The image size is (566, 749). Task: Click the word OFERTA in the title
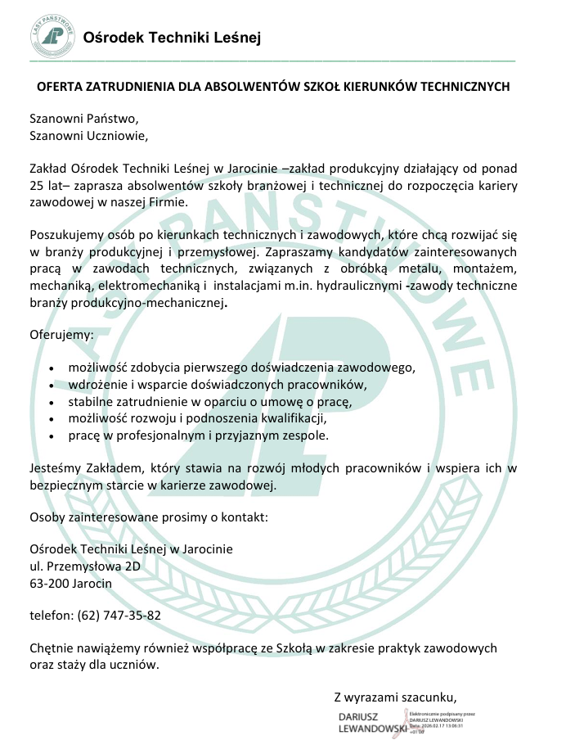click(60, 86)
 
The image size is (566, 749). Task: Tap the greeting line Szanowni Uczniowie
click(90, 136)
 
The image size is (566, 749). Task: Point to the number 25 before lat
click(37, 186)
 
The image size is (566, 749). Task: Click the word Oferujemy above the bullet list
click(62, 336)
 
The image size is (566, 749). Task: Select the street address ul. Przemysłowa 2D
click(85, 566)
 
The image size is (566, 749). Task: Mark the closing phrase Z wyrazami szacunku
click(395, 697)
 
